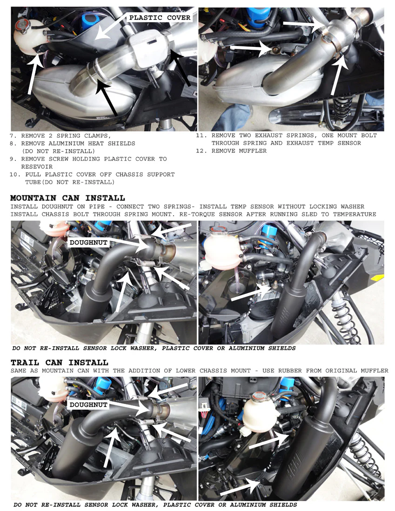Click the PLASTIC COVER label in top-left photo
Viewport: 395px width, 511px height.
(160, 18)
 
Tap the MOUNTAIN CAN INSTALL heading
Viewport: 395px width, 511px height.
(67, 198)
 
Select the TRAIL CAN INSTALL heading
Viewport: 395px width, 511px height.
(59, 362)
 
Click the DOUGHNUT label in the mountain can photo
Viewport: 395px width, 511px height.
(88, 242)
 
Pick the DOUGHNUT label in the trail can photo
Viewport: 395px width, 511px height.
(88, 405)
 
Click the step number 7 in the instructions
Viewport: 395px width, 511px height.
(13, 136)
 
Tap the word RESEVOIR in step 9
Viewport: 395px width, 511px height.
(37, 166)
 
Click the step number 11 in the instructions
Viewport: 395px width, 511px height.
(201, 135)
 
